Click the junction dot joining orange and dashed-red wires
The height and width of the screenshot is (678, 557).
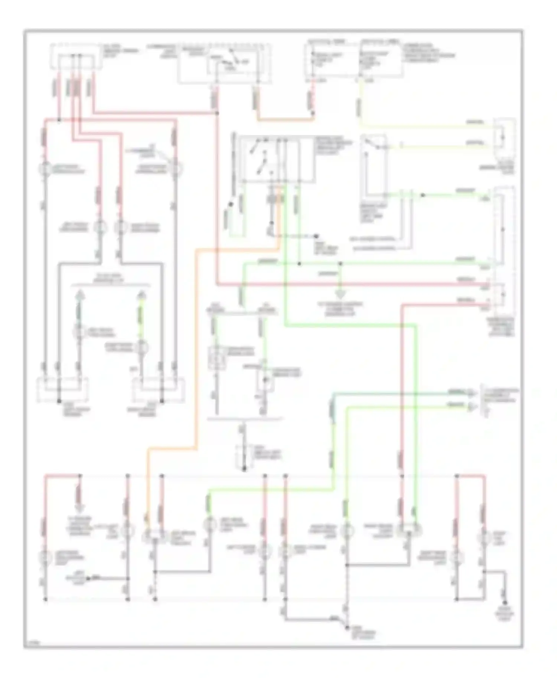tap(273, 224)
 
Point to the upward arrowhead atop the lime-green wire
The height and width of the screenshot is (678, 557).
tap(141, 295)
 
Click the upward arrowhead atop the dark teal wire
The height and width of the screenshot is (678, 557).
tap(79, 295)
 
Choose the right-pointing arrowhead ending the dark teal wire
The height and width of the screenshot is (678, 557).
tap(472, 393)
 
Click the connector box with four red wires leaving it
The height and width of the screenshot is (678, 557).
tap(76, 56)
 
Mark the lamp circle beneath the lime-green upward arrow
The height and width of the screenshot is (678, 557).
tap(141, 348)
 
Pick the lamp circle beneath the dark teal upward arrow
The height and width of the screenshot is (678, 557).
tap(79, 331)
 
